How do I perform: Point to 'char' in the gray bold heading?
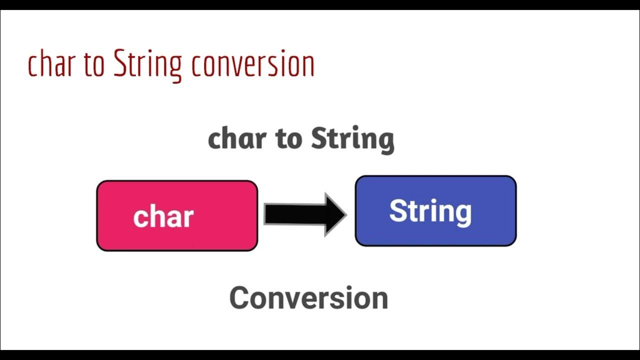(237, 138)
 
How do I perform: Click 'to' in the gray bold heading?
(288, 139)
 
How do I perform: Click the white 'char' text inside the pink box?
(163, 216)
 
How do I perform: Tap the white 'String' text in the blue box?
(430, 212)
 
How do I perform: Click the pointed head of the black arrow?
(346, 214)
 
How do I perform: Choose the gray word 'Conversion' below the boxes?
(308, 297)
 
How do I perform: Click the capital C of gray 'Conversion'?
(240, 297)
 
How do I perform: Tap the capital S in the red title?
(120, 63)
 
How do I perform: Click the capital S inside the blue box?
(399, 210)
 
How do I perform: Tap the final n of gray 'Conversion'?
(379, 301)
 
